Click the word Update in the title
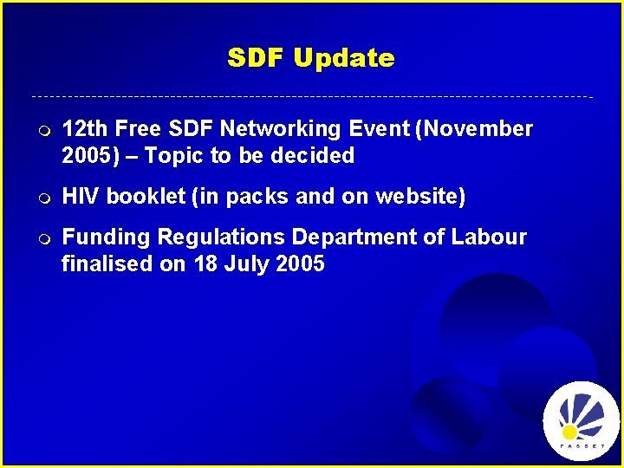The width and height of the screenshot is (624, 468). [x=343, y=59]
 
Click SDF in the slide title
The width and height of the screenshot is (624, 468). [x=257, y=58]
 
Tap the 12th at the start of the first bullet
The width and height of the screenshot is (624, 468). [x=84, y=129]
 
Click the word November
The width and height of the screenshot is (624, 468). [x=479, y=129]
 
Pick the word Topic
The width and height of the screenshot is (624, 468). [x=172, y=156]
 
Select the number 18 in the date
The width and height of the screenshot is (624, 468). [x=205, y=264]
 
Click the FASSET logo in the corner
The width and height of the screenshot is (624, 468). [x=581, y=420]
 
